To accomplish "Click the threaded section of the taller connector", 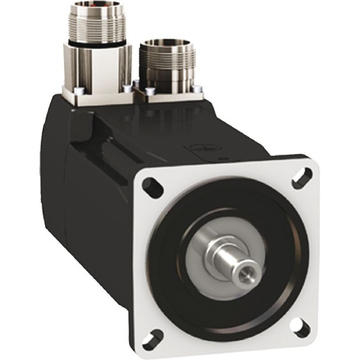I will [101, 28].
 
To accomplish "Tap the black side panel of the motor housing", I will [91, 183].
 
